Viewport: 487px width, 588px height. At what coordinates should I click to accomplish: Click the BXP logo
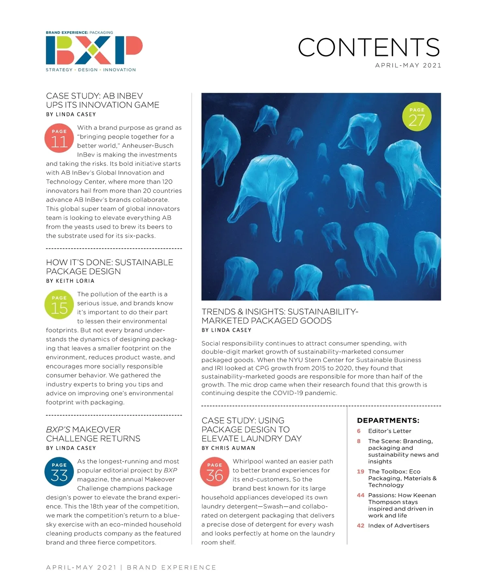[94, 50]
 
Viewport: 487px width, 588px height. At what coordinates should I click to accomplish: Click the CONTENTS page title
[368, 47]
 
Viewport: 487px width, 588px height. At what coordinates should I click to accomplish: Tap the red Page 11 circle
[59, 139]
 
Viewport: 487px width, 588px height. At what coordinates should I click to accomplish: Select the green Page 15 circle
[59, 305]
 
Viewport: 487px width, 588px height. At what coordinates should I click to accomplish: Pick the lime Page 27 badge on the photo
[416, 117]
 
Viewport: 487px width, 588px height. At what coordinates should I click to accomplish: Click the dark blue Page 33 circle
[59, 472]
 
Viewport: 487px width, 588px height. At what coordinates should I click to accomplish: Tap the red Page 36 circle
[215, 472]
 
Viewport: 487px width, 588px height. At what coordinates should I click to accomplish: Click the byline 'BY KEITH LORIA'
[70, 281]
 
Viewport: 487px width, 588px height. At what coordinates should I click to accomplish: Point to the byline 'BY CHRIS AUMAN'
[228, 448]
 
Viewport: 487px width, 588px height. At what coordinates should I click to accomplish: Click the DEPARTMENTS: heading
[388, 421]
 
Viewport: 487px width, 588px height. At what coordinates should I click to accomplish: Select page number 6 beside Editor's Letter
[359, 431]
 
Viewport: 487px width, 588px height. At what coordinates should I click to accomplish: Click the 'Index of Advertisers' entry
[399, 526]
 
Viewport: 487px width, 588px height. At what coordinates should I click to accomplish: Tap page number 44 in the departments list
[360, 495]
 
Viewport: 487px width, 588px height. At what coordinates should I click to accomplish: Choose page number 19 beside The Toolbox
[360, 472]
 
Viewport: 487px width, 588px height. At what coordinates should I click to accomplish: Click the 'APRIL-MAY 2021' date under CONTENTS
[408, 65]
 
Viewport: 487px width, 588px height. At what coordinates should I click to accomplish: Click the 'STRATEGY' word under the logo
[59, 70]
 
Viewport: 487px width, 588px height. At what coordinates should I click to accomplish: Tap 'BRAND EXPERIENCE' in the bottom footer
[172, 567]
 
